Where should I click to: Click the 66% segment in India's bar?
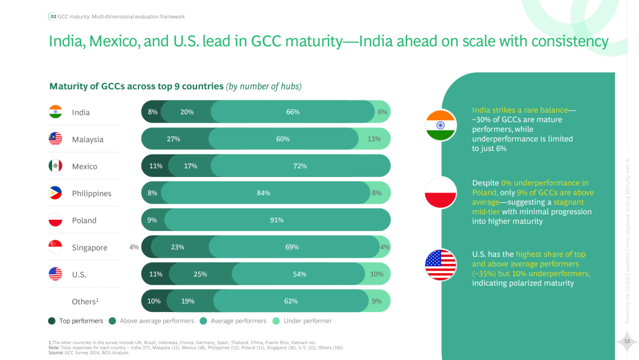tap(293, 112)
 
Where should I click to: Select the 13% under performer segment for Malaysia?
tap(374, 139)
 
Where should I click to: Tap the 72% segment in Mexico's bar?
tap(300, 166)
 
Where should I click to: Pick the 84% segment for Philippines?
tap(263, 193)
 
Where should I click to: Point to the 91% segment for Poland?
tap(276, 220)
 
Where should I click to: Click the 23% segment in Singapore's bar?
tap(177, 247)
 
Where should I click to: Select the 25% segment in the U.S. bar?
tap(200, 274)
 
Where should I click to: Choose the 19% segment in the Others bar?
tap(188, 301)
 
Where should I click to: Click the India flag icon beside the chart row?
tap(55, 112)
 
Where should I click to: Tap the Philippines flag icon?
tap(55, 193)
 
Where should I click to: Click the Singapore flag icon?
tap(55, 247)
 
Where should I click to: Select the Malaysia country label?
tap(88, 140)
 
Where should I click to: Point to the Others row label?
tap(84, 301)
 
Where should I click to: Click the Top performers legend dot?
tap(51, 321)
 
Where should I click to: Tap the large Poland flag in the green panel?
tap(441, 192)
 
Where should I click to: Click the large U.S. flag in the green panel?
tap(441, 265)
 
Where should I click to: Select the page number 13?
tap(627, 340)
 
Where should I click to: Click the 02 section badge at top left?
tap(53, 17)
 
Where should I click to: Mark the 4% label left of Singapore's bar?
tap(134, 247)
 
